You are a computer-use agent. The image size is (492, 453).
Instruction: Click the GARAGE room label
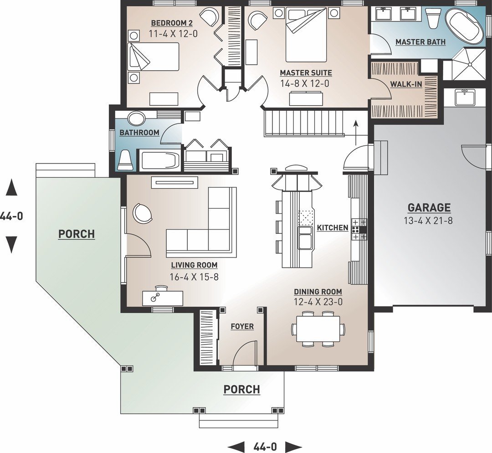coord(429,208)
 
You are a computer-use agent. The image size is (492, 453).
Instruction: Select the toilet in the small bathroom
coord(126,160)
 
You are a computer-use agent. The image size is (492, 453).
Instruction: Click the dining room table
coord(318,329)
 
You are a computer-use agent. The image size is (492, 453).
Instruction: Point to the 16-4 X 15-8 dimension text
coord(194,277)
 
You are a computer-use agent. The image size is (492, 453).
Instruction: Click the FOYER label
coord(242,326)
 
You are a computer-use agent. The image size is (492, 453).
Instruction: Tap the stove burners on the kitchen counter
coord(356,229)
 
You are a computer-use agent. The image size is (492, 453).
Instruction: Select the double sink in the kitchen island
coord(305,237)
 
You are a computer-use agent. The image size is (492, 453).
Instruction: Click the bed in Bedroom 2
coord(153,57)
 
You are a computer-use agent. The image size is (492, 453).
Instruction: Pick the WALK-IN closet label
coord(406,84)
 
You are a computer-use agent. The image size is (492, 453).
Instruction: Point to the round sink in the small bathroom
coord(136,118)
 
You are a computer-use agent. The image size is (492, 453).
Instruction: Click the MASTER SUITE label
coord(306,73)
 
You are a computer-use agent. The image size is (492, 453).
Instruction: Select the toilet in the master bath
coord(432,18)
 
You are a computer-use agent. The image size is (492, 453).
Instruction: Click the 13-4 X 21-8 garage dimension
coord(428,221)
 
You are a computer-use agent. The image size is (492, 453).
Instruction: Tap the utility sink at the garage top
coord(466,97)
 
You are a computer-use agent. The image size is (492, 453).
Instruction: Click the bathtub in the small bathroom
coord(160,160)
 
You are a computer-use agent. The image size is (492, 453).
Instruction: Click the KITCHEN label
coord(332,227)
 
